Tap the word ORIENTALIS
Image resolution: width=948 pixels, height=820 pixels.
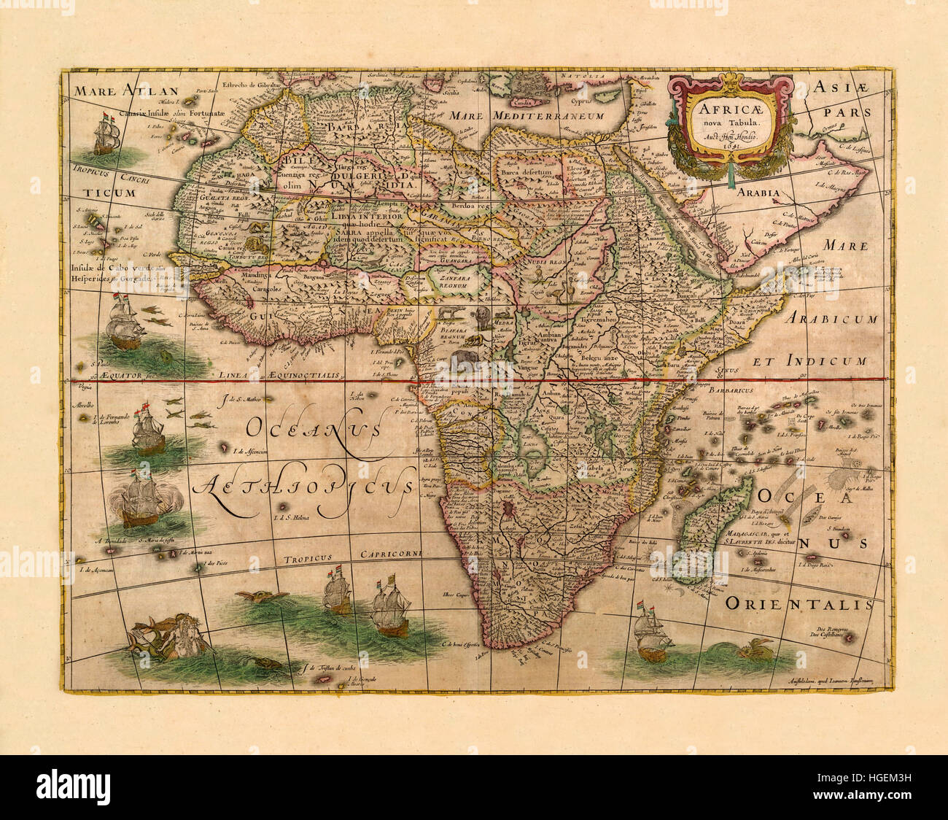coord(799,605)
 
